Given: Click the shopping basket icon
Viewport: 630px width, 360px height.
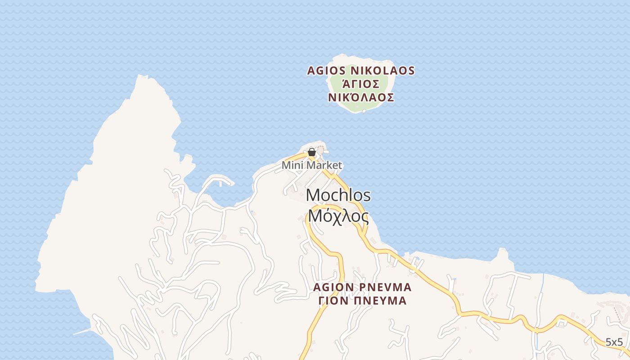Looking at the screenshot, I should pos(311,153).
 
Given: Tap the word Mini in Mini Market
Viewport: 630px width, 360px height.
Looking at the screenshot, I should pos(291,166).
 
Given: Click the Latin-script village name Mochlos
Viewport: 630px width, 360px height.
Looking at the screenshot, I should pos(338,195).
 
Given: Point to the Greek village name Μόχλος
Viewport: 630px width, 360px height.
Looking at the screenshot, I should pos(338,216).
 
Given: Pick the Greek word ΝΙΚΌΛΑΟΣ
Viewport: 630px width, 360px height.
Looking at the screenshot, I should pos(361,98).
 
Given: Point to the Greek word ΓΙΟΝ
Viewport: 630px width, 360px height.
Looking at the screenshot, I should pos(333,301).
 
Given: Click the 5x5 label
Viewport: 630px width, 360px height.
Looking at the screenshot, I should pos(614,342).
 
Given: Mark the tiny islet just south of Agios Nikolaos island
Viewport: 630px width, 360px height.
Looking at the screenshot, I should pos(364,111).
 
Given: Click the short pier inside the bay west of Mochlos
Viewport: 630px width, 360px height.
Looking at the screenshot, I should pos(220,183).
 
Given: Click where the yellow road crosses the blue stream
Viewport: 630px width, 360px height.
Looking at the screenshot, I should pos(536,330).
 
